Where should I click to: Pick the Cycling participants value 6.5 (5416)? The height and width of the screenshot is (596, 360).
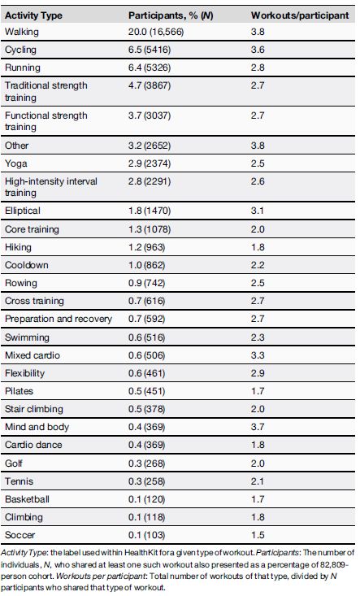[158, 49]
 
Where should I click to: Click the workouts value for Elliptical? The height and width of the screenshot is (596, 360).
[258, 211]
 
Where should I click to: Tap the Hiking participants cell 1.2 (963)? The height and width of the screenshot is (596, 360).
[155, 247]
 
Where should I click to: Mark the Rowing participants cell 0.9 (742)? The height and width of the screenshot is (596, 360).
[155, 283]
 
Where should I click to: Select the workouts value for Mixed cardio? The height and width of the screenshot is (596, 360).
[258, 355]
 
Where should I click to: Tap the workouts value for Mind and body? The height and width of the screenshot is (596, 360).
[258, 426]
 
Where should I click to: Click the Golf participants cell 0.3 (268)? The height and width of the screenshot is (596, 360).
[155, 462]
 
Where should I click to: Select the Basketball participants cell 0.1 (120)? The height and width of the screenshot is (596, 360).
[155, 498]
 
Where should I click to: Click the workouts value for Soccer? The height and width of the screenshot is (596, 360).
[258, 533]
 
